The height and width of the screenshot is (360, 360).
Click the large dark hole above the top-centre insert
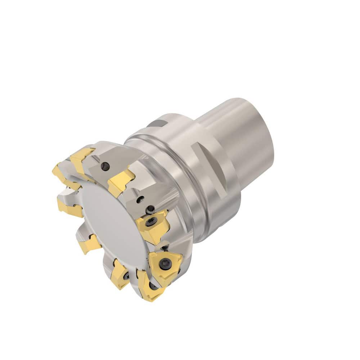pos(105,166)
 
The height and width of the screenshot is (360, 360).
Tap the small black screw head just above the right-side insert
pos(150,209)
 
